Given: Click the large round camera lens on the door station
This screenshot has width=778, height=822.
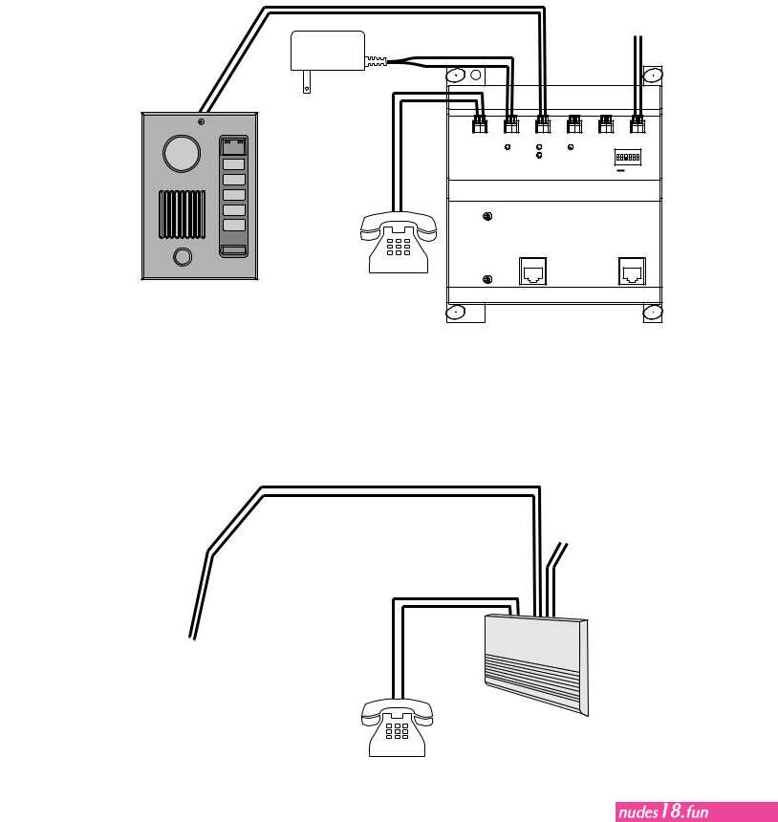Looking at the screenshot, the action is coord(182,153).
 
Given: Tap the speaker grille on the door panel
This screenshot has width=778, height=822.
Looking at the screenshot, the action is coord(182,214).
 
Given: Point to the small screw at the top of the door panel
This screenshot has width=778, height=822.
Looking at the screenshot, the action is coord(201,121).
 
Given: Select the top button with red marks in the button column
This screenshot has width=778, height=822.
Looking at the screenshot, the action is coord(233,146).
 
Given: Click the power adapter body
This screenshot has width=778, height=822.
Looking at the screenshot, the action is coord(328,51).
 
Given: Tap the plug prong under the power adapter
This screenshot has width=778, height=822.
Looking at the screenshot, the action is coord(307,82).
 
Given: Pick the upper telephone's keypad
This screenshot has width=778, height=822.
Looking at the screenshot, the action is coord(399,247).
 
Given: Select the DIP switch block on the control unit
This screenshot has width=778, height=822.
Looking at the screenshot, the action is coord(628,157).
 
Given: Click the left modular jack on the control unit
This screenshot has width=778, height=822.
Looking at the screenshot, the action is coord(532,271).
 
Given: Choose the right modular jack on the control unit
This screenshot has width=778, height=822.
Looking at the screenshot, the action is coord(632,271).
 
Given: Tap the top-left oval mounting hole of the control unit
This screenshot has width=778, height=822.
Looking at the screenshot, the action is coord(456,75).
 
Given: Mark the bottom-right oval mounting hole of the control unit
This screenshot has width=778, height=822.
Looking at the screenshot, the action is coord(653,313).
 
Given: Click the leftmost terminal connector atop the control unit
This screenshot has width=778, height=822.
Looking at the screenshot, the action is coord(480,124).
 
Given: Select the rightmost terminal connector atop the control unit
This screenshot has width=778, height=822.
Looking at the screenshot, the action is coord(638,124).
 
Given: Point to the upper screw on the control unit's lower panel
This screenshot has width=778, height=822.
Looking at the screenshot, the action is coord(487,216).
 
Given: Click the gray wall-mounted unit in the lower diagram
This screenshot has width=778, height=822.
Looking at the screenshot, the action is coord(537,664).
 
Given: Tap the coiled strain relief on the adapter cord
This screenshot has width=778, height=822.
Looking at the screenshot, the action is coord(376,61).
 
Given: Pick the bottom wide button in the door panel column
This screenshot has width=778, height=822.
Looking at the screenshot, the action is coord(233,251).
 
